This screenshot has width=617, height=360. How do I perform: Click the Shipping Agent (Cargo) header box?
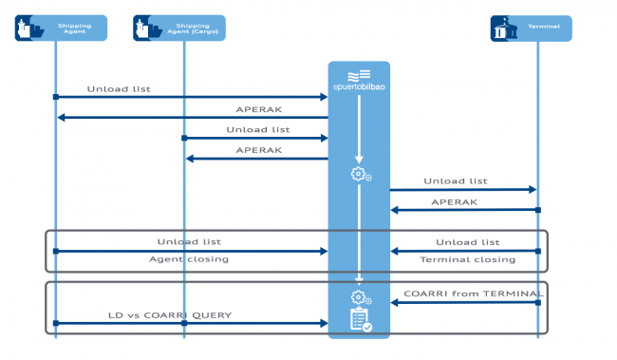click(179, 28)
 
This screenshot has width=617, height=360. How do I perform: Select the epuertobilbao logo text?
click(359, 87)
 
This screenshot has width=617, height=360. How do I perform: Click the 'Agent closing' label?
click(189, 259)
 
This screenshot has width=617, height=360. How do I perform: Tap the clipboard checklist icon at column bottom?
click(360, 320)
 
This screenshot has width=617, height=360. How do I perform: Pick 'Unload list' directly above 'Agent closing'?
click(189, 242)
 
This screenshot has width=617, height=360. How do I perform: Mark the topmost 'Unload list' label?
click(119, 89)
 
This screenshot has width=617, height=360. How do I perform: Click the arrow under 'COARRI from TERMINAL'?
click(464, 303)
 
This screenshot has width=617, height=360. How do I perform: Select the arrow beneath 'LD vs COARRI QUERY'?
click(190, 324)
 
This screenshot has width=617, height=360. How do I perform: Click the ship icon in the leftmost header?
click(29, 28)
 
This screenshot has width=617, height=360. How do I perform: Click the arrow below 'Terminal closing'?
click(464, 251)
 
